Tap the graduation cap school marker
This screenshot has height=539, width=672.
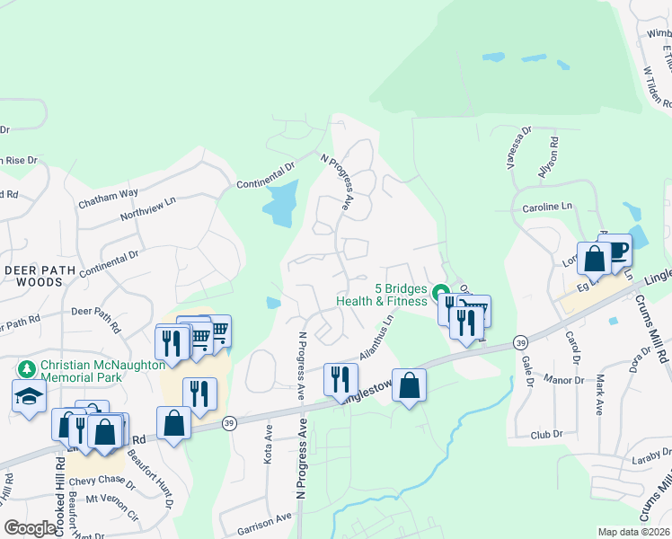coord(29,395)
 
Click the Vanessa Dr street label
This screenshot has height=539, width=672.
coord(519,147)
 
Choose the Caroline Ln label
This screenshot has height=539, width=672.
coord(547,208)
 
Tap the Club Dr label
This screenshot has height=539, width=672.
coord(545,434)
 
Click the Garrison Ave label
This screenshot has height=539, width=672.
coord(266,519)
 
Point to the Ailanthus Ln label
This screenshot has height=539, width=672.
coord(377,337)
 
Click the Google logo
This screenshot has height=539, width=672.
coord(30,528)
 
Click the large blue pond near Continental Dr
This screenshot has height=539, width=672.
coord(281,205)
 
